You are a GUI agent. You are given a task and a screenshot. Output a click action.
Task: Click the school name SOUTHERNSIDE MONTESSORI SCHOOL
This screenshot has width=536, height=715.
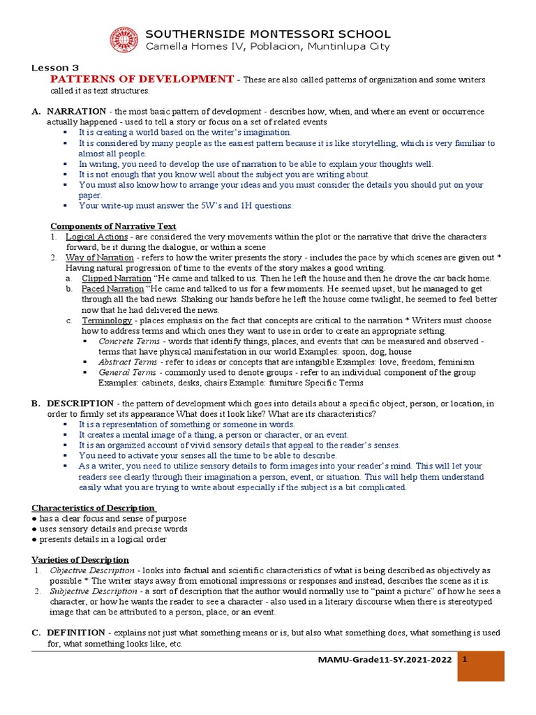(x=267, y=34)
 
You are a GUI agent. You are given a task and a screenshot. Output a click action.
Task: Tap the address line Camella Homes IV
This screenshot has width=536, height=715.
(x=267, y=47)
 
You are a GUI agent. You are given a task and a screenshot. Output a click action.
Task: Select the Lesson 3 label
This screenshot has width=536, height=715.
(x=55, y=68)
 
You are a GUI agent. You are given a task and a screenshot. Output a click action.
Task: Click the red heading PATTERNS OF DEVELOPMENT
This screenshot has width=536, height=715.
(x=142, y=80)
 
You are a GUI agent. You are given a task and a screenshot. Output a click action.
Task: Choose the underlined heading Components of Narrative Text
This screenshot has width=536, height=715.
(x=113, y=226)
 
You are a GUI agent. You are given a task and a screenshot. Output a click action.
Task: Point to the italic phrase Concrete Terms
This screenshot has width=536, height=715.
(x=128, y=341)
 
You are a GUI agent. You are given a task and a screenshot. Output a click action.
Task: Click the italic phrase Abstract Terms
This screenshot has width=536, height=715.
(x=128, y=362)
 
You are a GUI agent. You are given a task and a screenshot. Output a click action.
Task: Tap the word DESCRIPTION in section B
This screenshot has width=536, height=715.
(x=80, y=404)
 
